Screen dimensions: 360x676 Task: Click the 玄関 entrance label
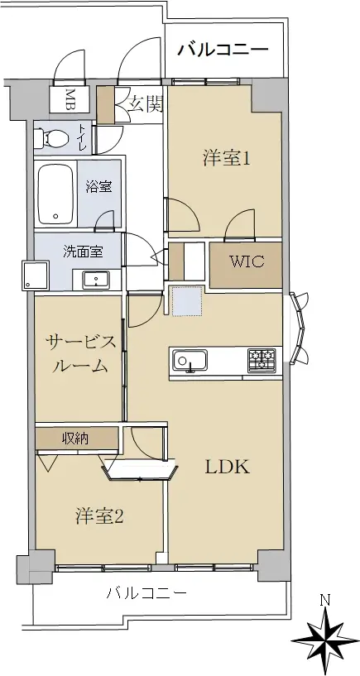pos(146,104)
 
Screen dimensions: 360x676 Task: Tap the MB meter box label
pos(70,99)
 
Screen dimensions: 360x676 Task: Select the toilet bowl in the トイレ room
pos(53,138)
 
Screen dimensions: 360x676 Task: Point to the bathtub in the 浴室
pos(55,194)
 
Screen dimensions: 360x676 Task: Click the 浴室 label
pos(98,187)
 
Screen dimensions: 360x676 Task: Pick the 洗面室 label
pos(83,252)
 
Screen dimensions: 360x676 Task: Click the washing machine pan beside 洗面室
pos(36,275)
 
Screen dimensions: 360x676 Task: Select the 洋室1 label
pos(227,159)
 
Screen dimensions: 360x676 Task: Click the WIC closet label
pos(246,261)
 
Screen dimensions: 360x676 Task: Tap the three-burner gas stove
pos(262,360)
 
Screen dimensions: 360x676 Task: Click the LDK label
pos(228,467)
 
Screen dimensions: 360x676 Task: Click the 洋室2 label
pos(100,516)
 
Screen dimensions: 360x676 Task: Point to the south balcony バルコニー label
pos(146,593)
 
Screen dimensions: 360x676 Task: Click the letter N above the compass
pos(325,600)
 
